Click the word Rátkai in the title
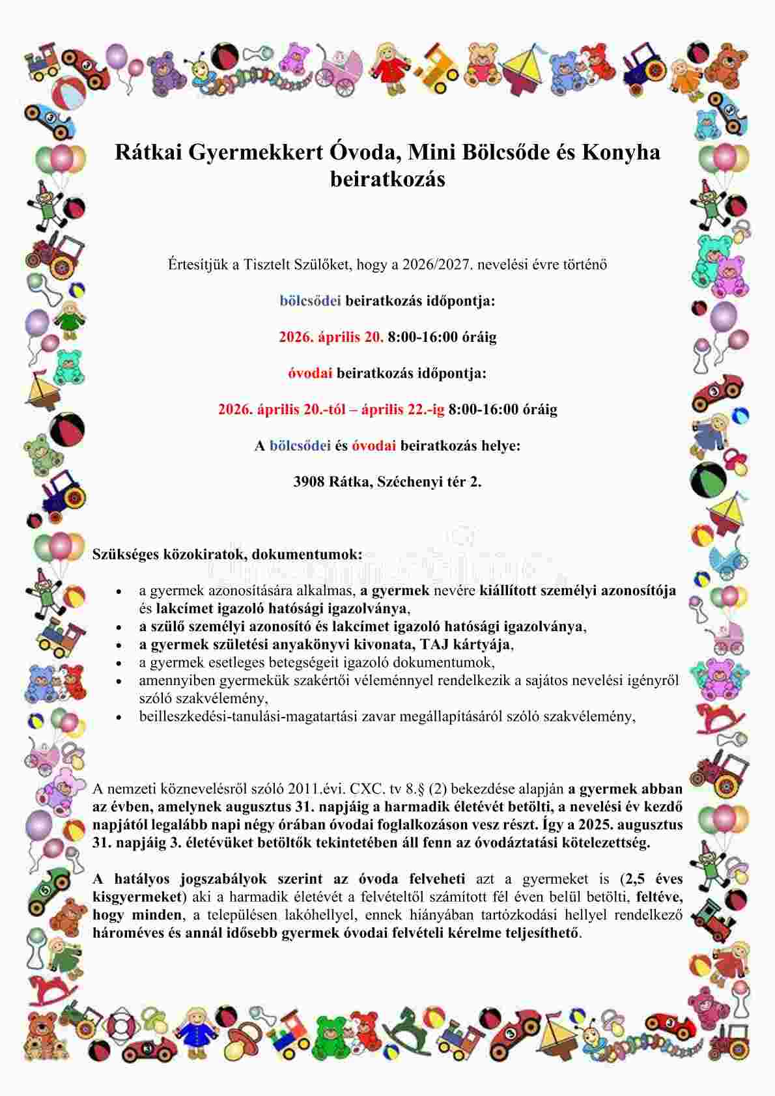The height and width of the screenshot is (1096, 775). click(148, 152)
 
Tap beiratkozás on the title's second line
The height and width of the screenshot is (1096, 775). click(387, 179)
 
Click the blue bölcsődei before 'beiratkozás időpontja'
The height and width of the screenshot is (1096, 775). click(311, 301)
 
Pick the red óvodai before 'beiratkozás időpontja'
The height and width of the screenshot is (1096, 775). click(310, 373)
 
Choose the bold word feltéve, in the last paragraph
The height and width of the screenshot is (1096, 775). click(659, 897)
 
